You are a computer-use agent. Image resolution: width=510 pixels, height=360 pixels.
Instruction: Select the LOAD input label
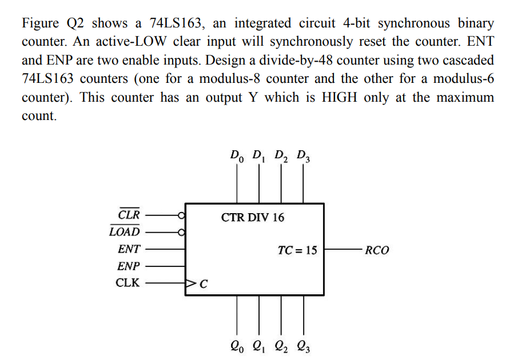pos(124,232)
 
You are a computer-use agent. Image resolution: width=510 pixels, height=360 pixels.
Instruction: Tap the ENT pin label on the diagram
pos(129,249)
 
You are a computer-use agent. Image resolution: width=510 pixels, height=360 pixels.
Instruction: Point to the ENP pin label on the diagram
pos(128,266)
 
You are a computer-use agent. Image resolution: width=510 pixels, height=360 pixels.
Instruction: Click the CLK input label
pos(127,282)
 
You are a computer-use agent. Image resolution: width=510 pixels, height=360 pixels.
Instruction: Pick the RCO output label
pos(377,250)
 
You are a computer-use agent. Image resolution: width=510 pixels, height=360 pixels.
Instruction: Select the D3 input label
pos(303,155)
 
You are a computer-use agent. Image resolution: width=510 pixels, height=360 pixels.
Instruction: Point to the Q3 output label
pos(303,345)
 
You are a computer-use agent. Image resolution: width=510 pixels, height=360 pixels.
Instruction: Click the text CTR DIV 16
pos(252,218)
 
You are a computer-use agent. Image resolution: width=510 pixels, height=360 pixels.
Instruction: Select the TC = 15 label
pos(297,250)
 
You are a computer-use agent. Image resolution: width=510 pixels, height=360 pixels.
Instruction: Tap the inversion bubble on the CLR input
pos(182,215)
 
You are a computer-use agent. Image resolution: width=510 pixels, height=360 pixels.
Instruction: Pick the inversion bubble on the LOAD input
pos(182,232)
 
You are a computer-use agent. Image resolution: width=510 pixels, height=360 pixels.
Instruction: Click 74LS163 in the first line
pos(173,23)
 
